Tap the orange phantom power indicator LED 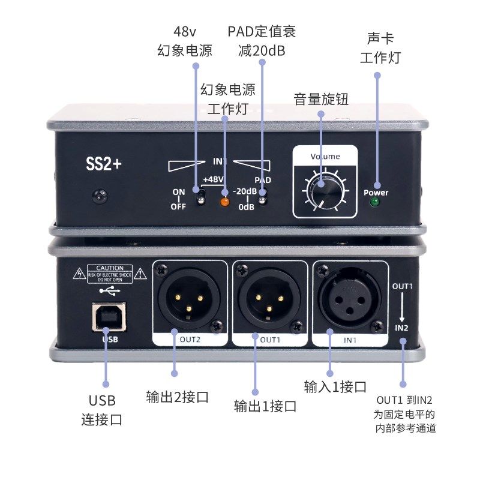coord(225,202)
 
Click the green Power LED coord(376,203)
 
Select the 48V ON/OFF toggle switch coord(200,197)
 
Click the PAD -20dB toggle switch coord(263,199)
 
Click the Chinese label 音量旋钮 coord(321,100)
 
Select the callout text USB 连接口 coord(101,410)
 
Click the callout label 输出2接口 coord(177,397)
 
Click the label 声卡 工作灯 coord(380,48)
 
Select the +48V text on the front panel coord(213,179)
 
